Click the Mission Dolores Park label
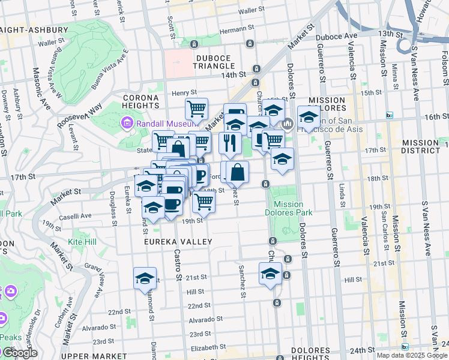(x=288, y=208)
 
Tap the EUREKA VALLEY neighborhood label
(x=178, y=241)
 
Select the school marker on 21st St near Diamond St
(x=145, y=278)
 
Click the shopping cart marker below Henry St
(x=196, y=109)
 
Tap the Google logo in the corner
(x=19, y=353)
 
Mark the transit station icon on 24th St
(x=405, y=346)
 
